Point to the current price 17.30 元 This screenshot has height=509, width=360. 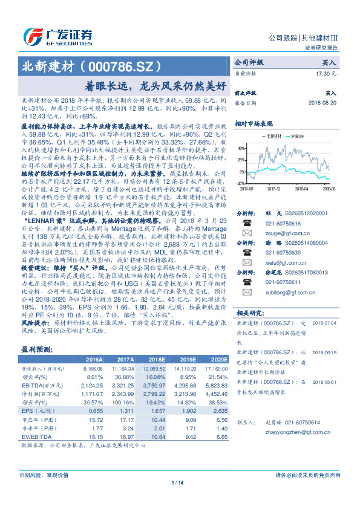325,73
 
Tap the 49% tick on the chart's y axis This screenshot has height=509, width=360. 241,148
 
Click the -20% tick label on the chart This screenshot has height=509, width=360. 240,183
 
